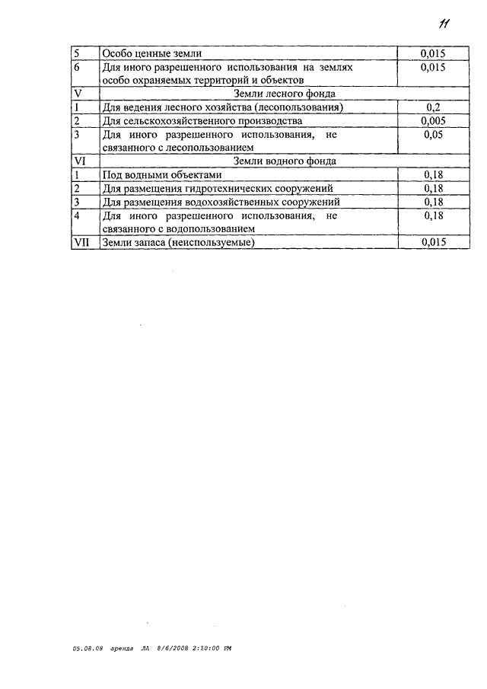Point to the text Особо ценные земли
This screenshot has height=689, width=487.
(152, 54)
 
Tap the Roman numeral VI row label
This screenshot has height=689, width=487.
(81, 161)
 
